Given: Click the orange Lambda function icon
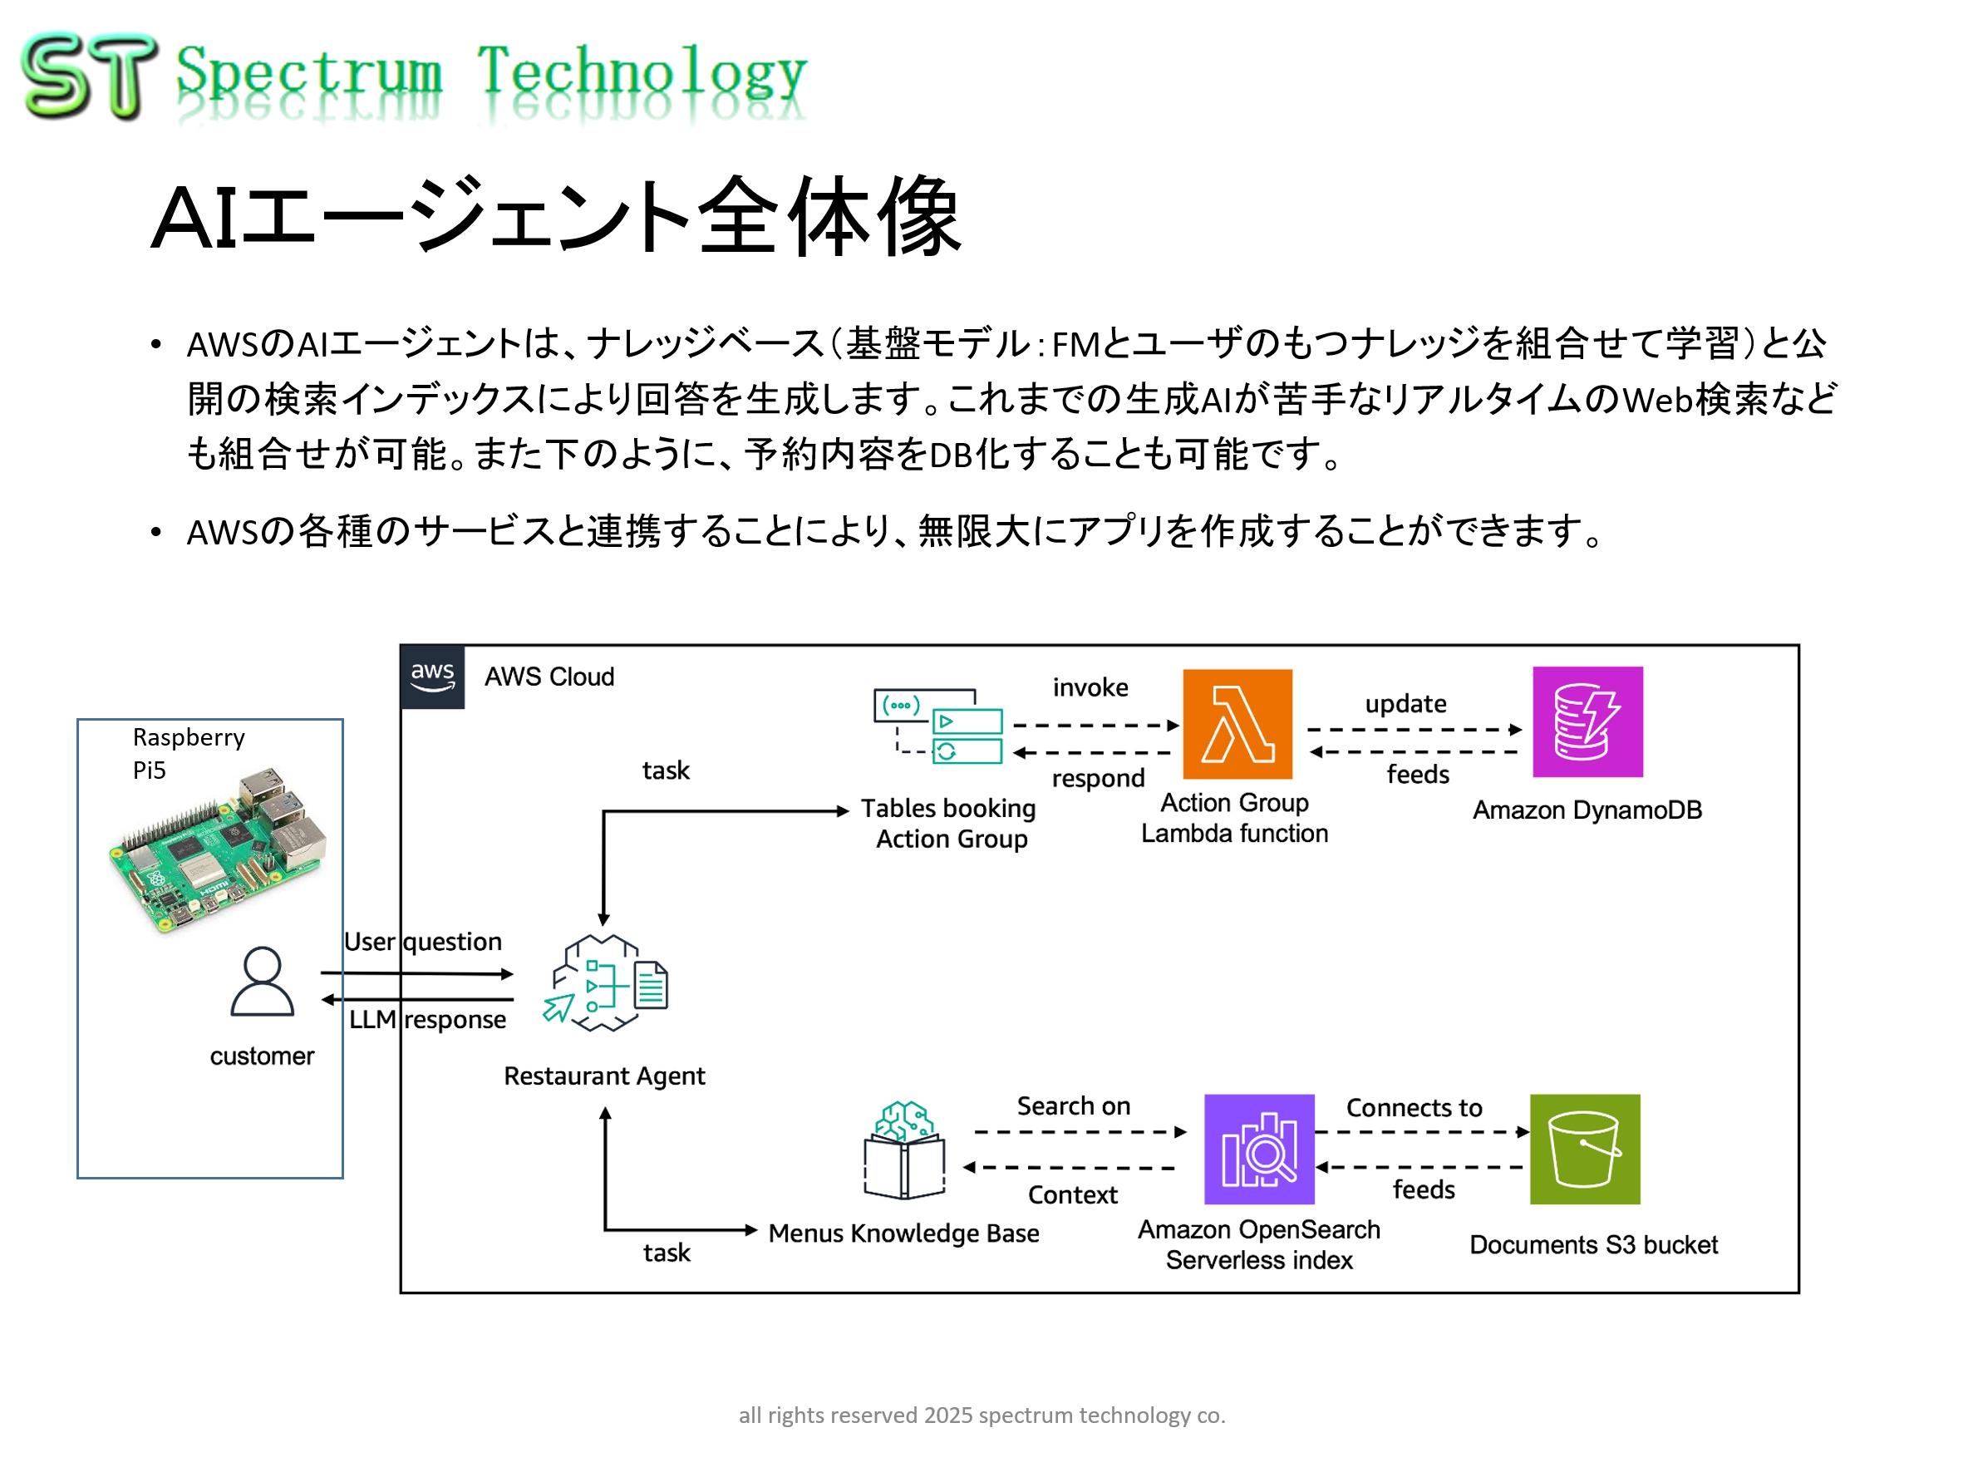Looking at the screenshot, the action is click(x=1237, y=724).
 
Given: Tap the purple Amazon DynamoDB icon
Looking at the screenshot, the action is click(x=1587, y=721).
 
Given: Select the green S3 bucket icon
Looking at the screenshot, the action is click(x=1585, y=1149).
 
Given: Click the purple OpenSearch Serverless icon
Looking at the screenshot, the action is click(x=1259, y=1149).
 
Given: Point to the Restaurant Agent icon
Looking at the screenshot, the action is click(x=606, y=982).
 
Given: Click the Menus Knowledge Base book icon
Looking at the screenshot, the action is click(x=904, y=1150).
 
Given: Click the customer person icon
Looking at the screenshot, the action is click(x=262, y=981).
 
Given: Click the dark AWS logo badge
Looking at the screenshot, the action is click(x=432, y=677).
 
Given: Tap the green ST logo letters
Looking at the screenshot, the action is click(x=89, y=76).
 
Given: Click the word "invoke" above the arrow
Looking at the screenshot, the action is click(x=1090, y=687).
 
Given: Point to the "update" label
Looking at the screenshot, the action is click(x=1405, y=704).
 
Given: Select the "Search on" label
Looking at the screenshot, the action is click(x=1074, y=1106).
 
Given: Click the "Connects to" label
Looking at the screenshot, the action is click(x=1414, y=1108).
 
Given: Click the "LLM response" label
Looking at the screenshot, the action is click(x=427, y=1020).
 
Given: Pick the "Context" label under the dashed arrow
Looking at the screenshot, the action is click(x=1072, y=1195).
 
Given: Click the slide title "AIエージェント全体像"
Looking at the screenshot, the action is click(x=557, y=216).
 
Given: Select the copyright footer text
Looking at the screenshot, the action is click(x=982, y=1415).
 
